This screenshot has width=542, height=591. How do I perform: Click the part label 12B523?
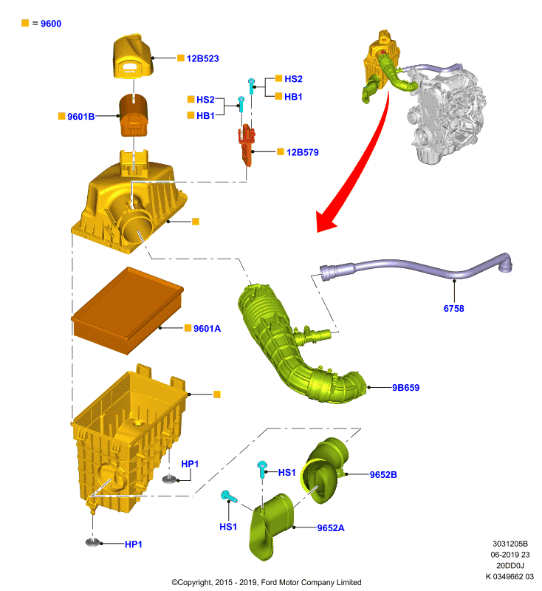pyautogui.click(x=202, y=58)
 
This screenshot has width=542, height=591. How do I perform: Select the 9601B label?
pyautogui.click(x=81, y=117)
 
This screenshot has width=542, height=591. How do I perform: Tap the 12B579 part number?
pyautogui.click(x=303, y=152)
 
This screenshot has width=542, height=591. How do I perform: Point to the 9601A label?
pyautogui.click(x=207, y=328)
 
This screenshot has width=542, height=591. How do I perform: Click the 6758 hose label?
pyautogui.click(x=454, y=308)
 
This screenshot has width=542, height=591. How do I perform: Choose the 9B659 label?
pyautogui.click(x=405, y=387)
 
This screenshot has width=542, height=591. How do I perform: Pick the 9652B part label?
pyautogui.click(x=383, y=474)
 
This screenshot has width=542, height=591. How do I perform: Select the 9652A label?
pyautogui.click(x=331, y=527)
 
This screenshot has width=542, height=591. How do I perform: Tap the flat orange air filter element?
pyautogui.click(x=127, y=310)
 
